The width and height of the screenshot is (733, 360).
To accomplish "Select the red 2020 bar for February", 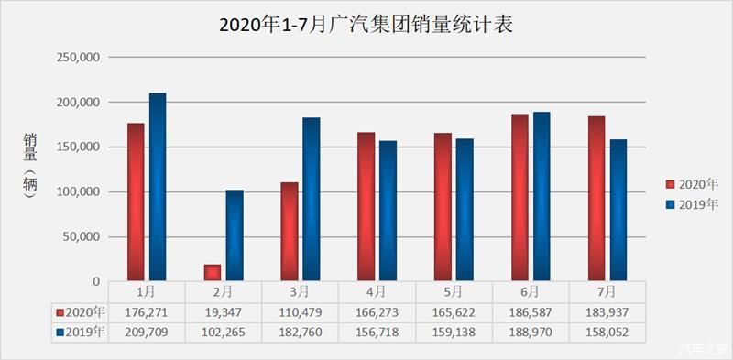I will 212,272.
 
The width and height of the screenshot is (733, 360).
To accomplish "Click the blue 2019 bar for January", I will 158,187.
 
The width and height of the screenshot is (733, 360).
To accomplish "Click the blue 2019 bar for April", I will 388,211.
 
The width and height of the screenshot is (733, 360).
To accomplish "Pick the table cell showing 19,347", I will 223,312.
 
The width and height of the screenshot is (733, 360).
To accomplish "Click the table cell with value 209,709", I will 146,331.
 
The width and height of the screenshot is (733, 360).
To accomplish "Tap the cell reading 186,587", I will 531,312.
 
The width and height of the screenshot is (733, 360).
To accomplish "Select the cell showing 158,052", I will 607,331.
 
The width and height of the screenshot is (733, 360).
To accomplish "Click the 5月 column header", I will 454,292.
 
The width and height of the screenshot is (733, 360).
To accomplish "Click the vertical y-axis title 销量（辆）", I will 29,169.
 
